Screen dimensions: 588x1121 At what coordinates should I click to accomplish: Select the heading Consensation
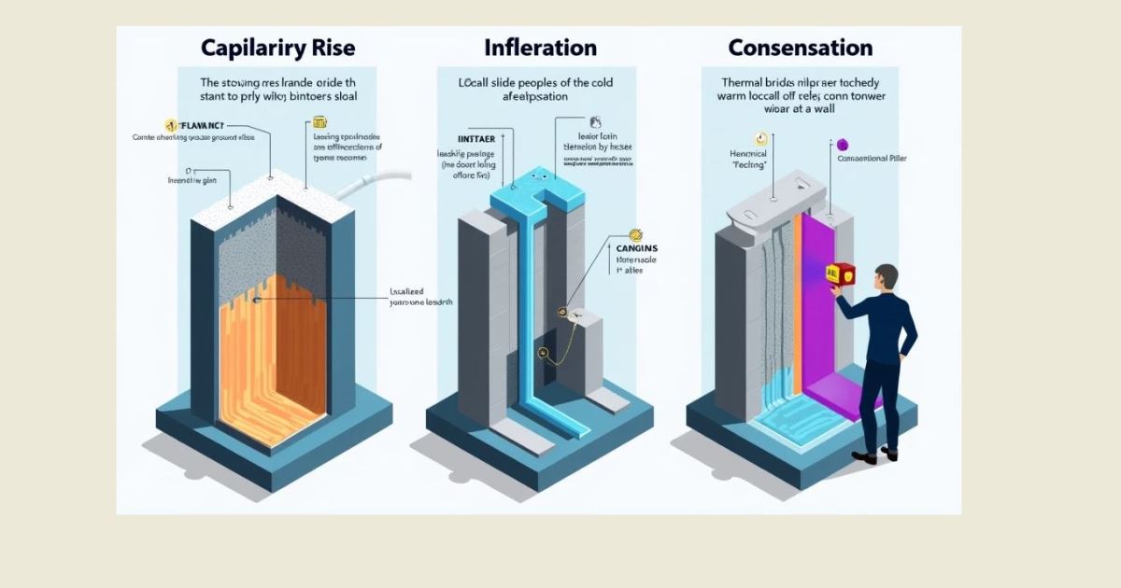801,48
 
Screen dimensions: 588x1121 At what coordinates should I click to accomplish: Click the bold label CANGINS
637,248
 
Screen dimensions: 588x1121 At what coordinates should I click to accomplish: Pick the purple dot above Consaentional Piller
842,144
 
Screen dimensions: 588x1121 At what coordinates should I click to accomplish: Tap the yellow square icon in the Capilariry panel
319,122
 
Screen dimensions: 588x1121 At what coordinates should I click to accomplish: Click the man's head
886,277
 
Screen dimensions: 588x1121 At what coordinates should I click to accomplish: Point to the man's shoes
876,455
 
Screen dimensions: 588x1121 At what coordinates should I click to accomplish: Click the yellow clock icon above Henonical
759,139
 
